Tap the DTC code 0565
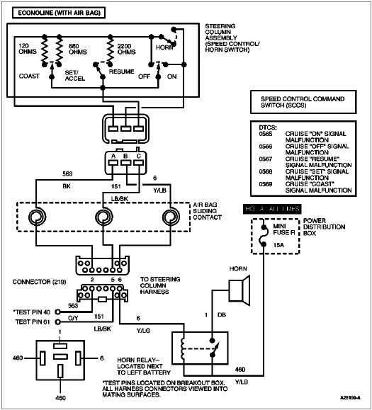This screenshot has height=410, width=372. coord(265,132)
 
